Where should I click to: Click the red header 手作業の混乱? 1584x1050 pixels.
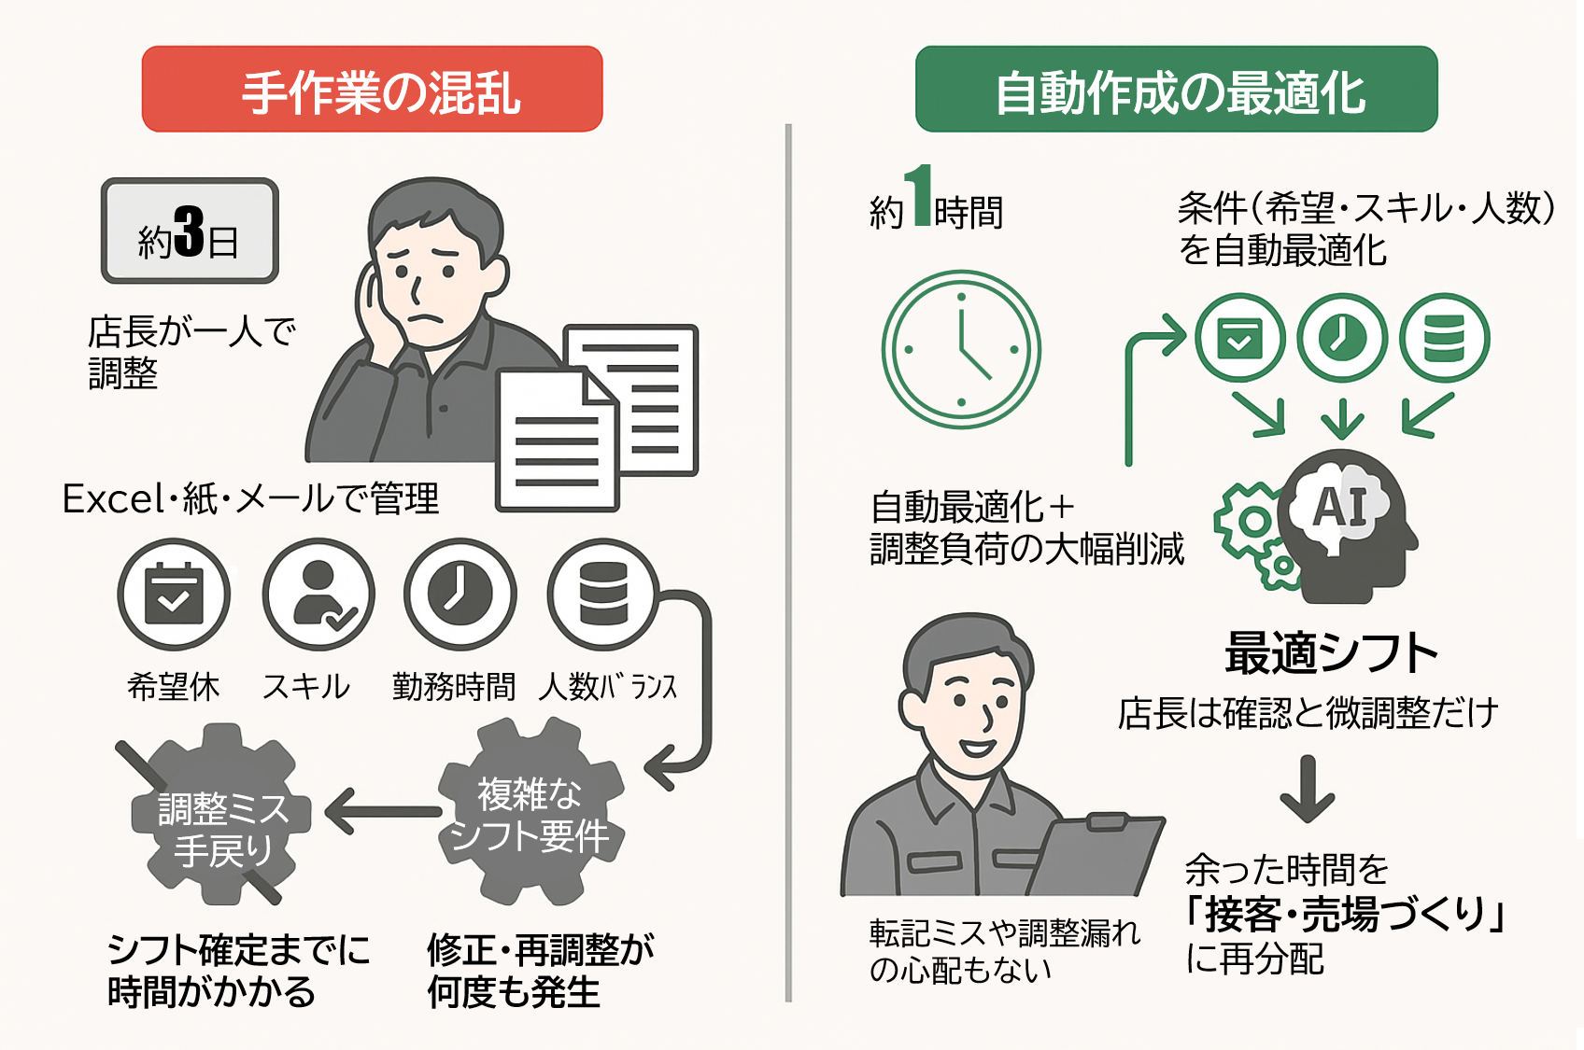tap(372, 90)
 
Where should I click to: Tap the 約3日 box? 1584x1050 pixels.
tap(190, 231)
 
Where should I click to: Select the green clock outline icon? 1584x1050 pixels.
tap(961, 350)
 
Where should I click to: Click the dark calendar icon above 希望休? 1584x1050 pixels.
tap(174, 595)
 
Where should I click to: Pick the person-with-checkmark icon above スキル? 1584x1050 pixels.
tap(318, 595)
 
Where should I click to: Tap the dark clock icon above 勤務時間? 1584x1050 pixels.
tap(460, 595)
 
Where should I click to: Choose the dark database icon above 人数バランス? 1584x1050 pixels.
tap(603, 595)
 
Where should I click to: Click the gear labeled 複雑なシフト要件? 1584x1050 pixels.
tap(530, 812)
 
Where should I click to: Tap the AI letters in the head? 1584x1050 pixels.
tap(1339, 508)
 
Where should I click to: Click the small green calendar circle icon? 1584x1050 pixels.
tap(1239, 338)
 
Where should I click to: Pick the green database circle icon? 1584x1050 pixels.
tap(1444, 338)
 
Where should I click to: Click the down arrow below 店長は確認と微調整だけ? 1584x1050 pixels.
tap(1307, 789)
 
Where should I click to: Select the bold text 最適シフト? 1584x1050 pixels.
tap(1331, 653)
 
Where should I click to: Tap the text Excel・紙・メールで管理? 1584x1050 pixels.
tap(250, 498)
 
